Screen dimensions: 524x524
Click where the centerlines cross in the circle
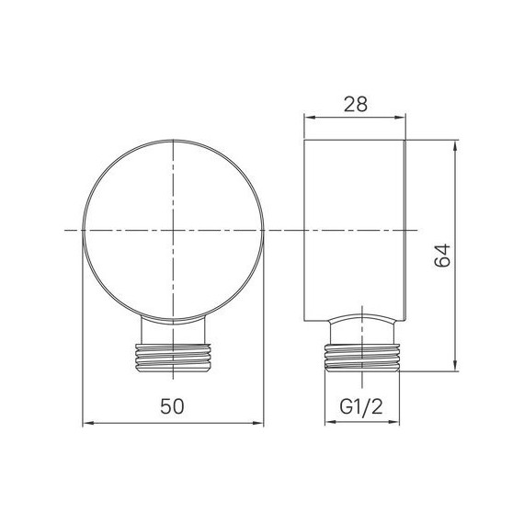(x=172, y=229)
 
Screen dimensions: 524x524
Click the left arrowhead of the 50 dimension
(x=87, y=423)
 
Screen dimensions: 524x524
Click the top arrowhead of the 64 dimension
(x=457, y=145)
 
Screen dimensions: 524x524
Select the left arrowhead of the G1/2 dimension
(x=326, y=423)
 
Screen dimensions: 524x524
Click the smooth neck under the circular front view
(x=172, y=331)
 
